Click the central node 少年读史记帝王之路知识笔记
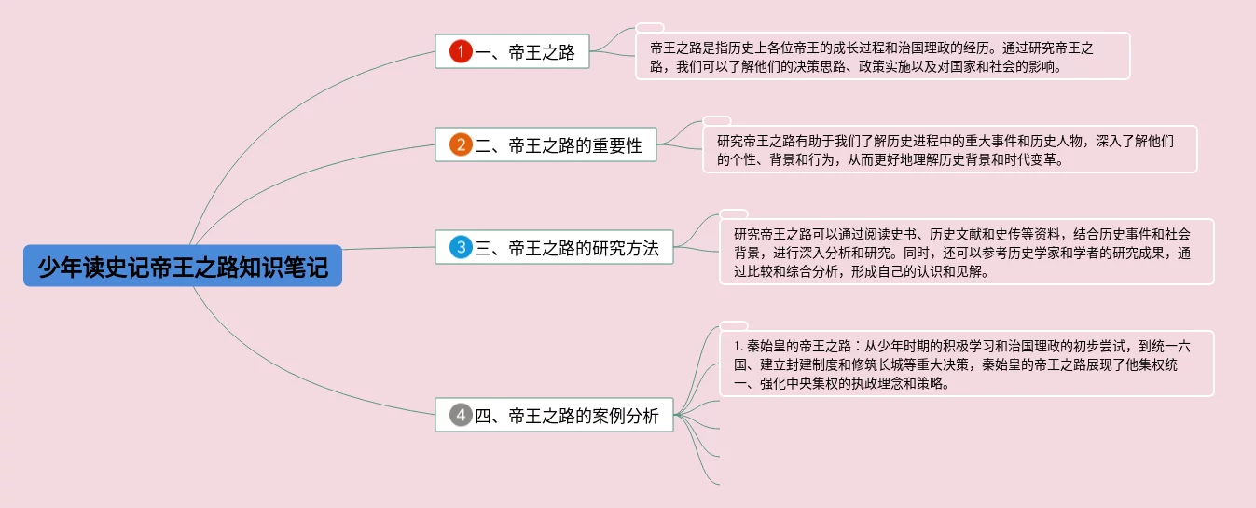click(x=183, y=267)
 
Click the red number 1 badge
click(x=461, y=52)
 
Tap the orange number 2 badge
click(x=461, y=145)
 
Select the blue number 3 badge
click(x=461, y=248)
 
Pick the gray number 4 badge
click(x=461, y=416)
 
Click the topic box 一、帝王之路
click(x=512, y=52)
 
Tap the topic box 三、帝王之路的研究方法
click(x=554, y=248)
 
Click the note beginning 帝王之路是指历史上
click(x=882, y=57)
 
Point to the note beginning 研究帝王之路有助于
click(x=949, y=150)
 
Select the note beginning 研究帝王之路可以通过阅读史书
click(x=966, y=252)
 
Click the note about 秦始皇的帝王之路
click(x=966, y=364)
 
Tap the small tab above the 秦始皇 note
click(x=734, y=325)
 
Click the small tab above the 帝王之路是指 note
click(x=650, y=27)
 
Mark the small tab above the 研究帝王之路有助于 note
click(x=717, y=120)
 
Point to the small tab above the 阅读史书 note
click(x=734, y=213)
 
